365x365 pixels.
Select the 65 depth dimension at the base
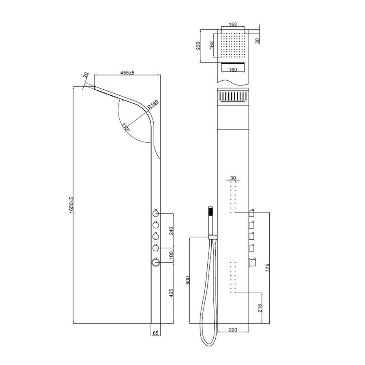click(x=156, y=333)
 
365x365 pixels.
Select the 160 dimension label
click(x=233, y=69)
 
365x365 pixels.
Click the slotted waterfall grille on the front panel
click(x=232, y=97)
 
